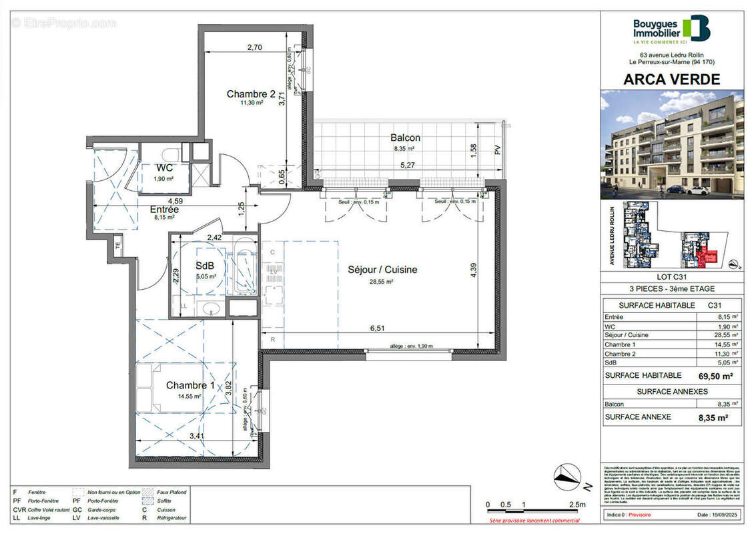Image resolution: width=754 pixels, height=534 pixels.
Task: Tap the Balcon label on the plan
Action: [406, 138]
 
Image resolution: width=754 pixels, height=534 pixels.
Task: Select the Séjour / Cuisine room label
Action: [382, 270]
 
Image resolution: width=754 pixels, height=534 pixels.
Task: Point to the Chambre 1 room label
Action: [190, 385]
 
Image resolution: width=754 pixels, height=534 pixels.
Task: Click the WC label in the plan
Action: [165, 168]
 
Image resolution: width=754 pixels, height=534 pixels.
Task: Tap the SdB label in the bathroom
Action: [204, 266]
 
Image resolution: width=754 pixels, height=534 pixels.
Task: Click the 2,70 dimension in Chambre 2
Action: [254, 47]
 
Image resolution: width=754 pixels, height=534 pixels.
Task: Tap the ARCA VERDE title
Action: [671, 79]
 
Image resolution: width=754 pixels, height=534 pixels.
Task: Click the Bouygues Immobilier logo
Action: [671, 29]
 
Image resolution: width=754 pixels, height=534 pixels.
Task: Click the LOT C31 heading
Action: [671, 277]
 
